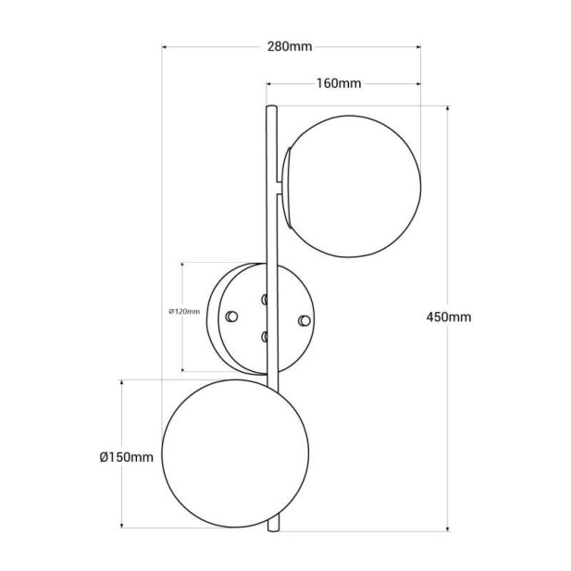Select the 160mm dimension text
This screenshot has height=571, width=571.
tap(338, 83)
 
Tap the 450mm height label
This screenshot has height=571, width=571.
tap(448, 317)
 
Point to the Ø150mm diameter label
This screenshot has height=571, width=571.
tap(125, 456)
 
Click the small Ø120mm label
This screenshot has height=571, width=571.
tap(184, 312)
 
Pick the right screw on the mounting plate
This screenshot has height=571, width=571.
tap(304, 319)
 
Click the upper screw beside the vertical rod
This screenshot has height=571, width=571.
tap(264, 299)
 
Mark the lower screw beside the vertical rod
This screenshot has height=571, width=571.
tap(264, 336)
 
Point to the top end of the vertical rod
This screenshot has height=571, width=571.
tap(271, 109)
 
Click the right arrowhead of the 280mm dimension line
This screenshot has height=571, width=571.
tap(418, 45)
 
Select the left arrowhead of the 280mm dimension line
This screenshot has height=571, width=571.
tap(164, 45)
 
